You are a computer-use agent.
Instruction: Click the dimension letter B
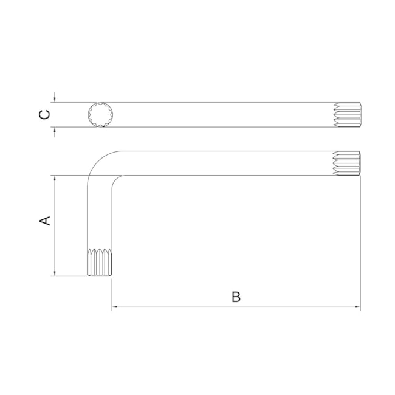[236, 297]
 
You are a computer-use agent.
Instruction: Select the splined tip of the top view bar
[348, 115]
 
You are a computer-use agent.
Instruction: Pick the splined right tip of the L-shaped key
[348, 163]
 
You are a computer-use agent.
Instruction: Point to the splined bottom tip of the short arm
[100, 263]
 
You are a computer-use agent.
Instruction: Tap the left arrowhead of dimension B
[115, 307]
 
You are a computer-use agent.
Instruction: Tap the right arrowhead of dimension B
[357, 307]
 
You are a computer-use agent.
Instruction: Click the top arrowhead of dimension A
[55, 179]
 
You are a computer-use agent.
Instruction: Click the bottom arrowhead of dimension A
[55, 273]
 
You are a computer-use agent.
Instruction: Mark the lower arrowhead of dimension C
[55, 130]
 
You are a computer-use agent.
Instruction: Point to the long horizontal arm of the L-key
[231, 163]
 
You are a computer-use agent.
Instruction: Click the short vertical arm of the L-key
[100, 213]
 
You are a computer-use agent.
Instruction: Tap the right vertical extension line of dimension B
[360, 243]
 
